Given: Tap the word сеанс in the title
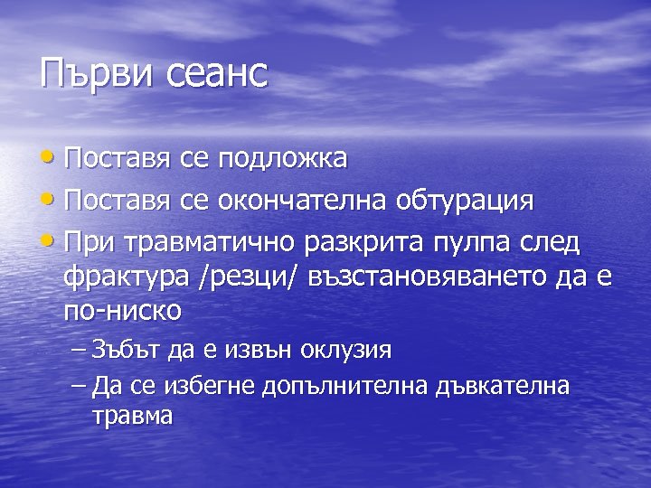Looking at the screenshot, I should pyautogui.click(x=218, y=74).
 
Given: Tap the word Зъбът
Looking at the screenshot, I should pyautogui.click(x=125, y=350).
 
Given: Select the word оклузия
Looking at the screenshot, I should pyautogui.click(x=346, y=350).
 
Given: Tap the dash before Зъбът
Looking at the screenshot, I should pyautogui.click(x=78, y=350).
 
